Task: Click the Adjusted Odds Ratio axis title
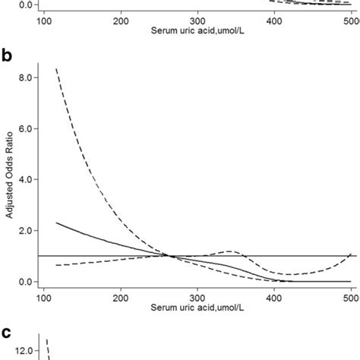[8, 179]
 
